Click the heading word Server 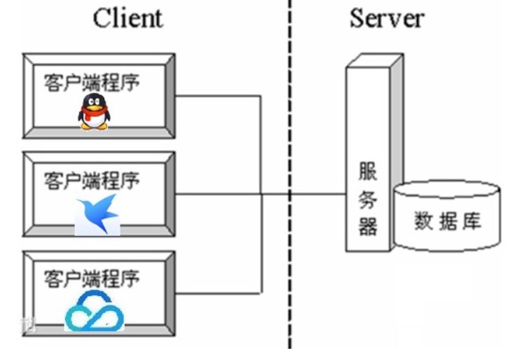[387, 18]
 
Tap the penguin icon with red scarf [93, 113]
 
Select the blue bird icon [97, 213]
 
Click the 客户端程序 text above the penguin [92, 82]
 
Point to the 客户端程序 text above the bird [92, 181]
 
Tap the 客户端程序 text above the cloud [92, 278]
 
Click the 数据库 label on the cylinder [448, 222]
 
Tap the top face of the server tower [375, 61]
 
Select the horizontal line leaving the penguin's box [217, 97]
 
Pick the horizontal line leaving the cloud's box [217, 292]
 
